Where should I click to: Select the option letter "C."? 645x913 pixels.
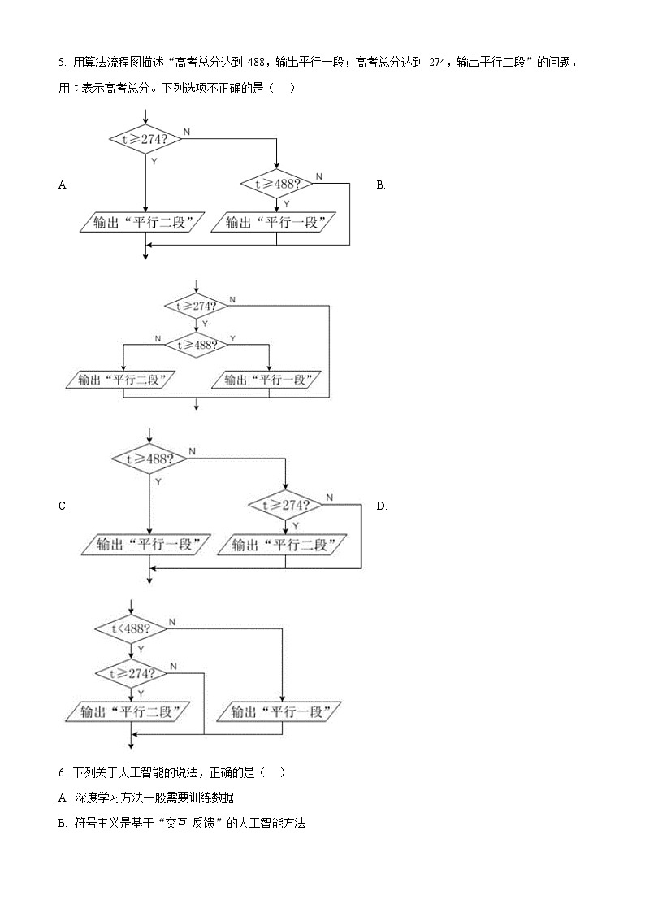(x=63, y=506)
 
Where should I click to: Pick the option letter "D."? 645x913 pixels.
(x=381, y=506)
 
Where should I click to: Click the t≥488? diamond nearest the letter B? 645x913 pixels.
(x=276, y=184)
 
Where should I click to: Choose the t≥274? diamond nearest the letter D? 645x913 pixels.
(x=285, y=505)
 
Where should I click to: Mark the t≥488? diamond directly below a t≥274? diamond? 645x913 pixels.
(x=195, y=344)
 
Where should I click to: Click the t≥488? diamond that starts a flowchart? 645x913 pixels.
(x=149, y=459)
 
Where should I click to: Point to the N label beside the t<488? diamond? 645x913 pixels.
(x=172, y=621)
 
